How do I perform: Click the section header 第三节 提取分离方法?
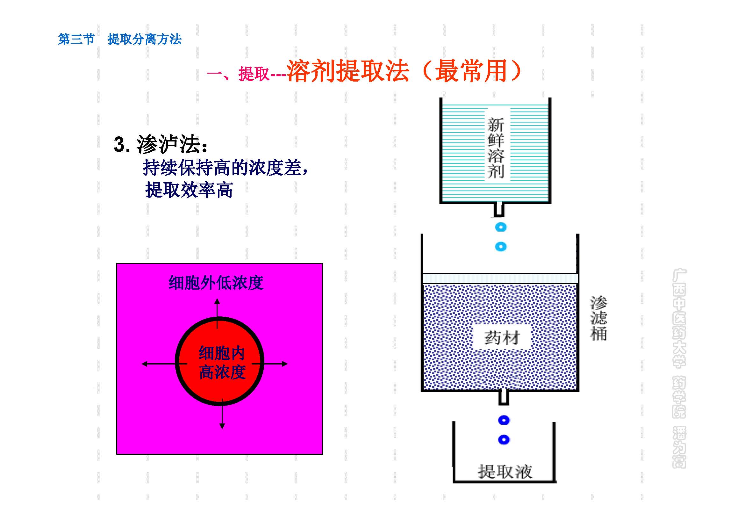119,39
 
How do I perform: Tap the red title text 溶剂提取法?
347,71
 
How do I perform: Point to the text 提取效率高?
189,190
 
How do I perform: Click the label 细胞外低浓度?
216,283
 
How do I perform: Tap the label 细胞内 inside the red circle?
222,353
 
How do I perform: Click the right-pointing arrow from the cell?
273,364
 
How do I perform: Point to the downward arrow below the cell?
222,415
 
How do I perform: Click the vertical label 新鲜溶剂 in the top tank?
496,148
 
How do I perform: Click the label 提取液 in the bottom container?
505,471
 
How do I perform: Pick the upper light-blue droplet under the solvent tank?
501,227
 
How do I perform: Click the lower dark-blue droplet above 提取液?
504,440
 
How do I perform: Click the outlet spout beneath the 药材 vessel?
504,398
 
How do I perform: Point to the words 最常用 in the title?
470,71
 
